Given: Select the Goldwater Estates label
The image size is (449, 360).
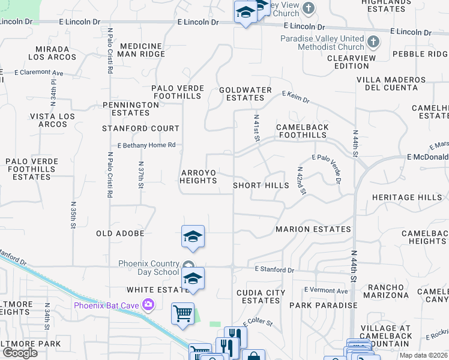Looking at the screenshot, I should click(246, 94).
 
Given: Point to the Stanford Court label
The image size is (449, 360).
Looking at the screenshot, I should click(140, 128).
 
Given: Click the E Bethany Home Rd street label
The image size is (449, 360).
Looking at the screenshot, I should click(146, 145).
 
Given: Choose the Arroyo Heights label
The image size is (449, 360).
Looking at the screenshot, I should click(198, 176).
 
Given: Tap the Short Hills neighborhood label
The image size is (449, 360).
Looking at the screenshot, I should click(261, 186).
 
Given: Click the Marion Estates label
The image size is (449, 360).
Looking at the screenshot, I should click(313, 229).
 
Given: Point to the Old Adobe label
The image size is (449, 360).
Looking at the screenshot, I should click(120, 233).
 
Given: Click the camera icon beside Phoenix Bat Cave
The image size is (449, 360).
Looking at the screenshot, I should click(148, 306).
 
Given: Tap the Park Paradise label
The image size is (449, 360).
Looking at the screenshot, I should click(323, 305).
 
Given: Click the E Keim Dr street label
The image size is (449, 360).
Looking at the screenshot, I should click(295, 96).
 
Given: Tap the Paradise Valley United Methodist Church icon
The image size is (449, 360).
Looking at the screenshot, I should click(373, 42).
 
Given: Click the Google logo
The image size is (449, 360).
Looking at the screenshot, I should click(20, 353).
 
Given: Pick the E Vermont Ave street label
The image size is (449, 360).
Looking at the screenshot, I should click(326, 290).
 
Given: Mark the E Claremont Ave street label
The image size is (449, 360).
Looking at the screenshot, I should click(39, 73).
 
